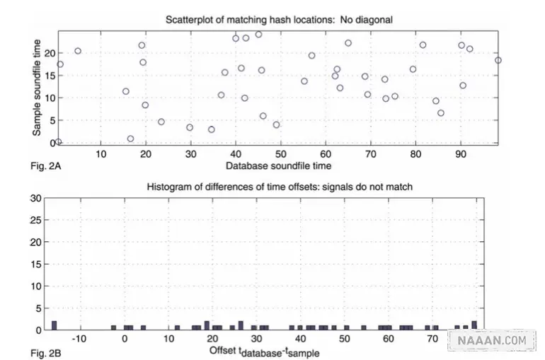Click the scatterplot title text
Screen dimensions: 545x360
(x=279, y=20)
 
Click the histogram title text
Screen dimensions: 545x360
(x=280, y=187)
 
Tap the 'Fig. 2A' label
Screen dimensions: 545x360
(x=45, y=166)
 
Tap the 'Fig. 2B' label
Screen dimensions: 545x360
(x=45, y=354)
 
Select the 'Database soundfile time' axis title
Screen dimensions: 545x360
(x=278, y=166)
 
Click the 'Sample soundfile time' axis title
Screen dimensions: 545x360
(x=37, y=88)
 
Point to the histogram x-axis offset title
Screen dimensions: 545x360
(x=264, y=352)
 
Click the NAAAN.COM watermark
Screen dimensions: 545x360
(x=492, y=340)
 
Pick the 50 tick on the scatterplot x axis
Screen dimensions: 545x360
(x=280, y=153)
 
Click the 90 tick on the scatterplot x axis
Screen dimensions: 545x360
(x=461, y=153)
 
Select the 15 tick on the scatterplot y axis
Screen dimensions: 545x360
(x=50, y=76)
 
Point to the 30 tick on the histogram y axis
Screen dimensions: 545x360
(x=36, y=198)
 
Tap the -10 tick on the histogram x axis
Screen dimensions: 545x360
(x=79, y=339)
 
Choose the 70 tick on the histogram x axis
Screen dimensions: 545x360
(x=432, y=339)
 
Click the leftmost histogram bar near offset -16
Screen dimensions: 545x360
(x=54, y=325)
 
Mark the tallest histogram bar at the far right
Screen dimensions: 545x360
(x=474, y=325)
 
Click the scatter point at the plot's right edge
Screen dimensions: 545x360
(x=498, y=60)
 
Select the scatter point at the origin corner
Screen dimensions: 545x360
(x=58, y=141)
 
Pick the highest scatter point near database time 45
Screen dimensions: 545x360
(x=258, y=35)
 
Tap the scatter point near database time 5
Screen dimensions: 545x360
(x=78, y=51)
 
